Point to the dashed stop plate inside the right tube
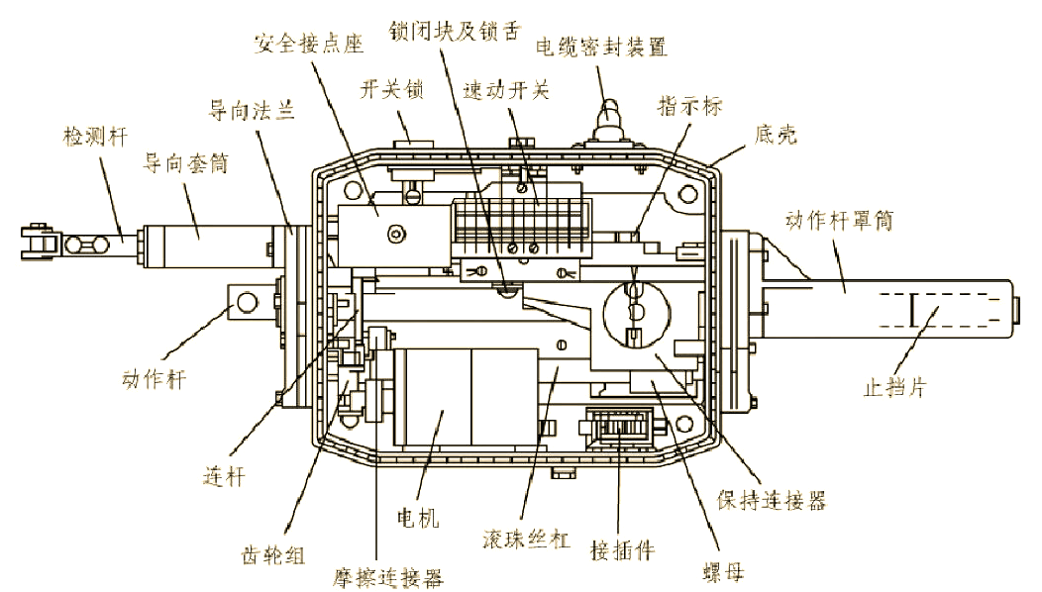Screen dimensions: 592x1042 (x=912, y=313)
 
